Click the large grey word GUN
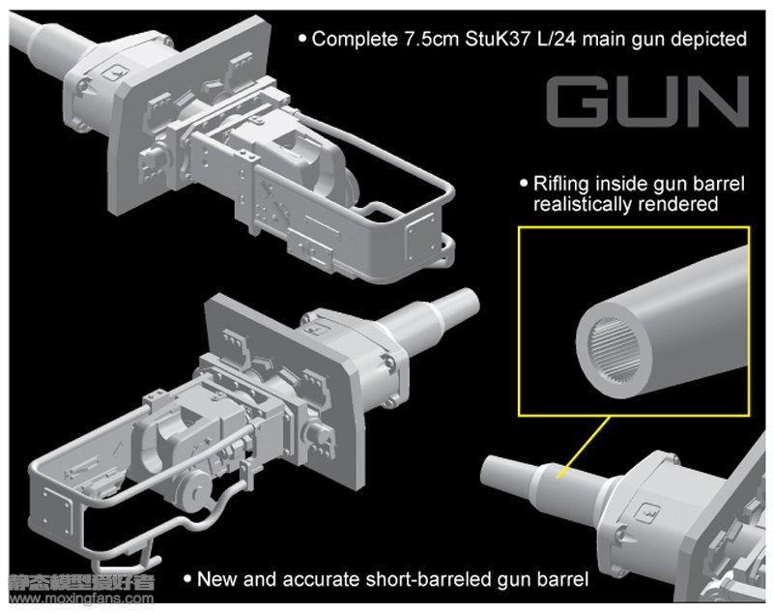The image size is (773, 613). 647,102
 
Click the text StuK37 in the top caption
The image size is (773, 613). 499,39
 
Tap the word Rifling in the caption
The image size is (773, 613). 561,185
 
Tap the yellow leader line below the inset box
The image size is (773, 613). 584,448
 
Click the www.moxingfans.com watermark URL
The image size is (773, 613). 81,599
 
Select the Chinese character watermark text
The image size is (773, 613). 81,582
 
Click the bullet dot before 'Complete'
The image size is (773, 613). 302,38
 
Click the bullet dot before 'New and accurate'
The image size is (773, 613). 187,578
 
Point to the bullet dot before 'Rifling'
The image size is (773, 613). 524,184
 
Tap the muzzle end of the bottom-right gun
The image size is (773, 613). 487,470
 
